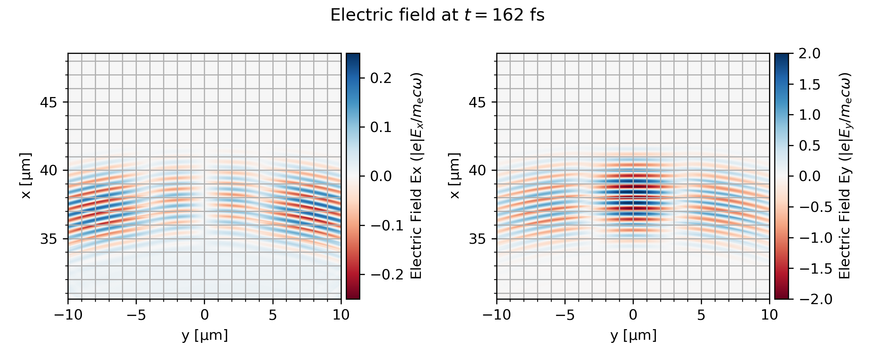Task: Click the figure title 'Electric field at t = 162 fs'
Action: coord(437,15)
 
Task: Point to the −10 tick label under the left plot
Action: coord(68,315)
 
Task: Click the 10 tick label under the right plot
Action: coord(769,315)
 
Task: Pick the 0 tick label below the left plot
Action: coord(205,315)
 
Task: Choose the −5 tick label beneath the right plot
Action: coord(565,315)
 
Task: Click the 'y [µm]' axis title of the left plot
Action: coord(205,335)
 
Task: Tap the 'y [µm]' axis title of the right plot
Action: coord(633,335)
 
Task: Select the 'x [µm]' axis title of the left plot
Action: coord(26,176)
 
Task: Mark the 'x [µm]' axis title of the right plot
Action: coord(455,176)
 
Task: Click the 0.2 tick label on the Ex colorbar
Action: coord(380,78)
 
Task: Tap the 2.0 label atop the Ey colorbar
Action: coord(810,54)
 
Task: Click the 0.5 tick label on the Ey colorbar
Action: coord(810,146)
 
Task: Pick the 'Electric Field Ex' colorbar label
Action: coord(416,176)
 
